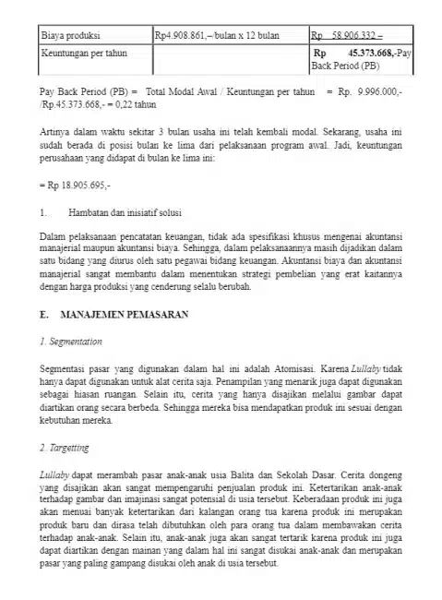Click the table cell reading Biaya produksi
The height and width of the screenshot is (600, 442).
click(x=70, y=36)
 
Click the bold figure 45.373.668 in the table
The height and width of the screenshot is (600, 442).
click(x=364, y=54)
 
